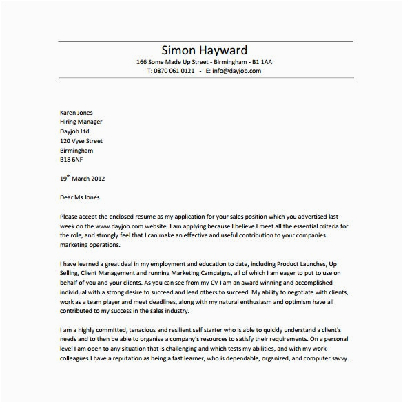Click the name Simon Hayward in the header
point(204,50)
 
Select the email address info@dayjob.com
point(238,70)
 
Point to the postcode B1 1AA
point(260,61)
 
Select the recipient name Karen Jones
point(77,112)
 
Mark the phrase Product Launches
point(289,263)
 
